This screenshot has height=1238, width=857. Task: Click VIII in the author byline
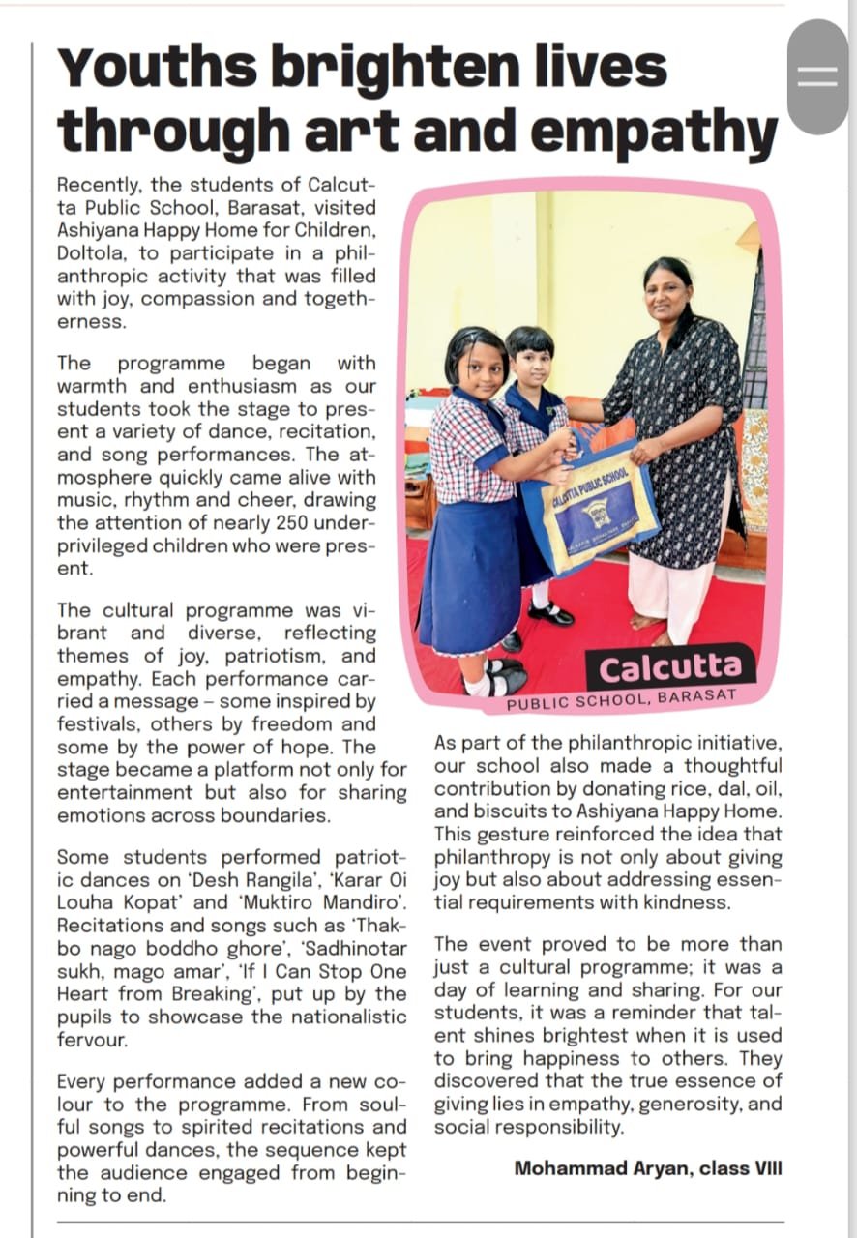[x=763, y=1168]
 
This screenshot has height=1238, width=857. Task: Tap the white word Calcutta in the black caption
[x=669, y=667]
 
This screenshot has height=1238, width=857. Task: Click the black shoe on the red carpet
[x=551, y=613]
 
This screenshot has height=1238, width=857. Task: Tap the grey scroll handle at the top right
[x=817, y=77]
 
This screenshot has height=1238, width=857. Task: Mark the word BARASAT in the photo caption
[x=696, y=695]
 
